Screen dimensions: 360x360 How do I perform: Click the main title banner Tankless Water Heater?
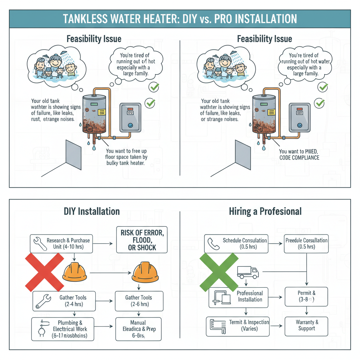(180, 19)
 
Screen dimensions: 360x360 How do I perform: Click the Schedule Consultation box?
(236, 244)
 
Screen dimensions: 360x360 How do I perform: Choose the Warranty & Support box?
(306, 326)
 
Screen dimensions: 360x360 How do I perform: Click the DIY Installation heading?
(92, 211)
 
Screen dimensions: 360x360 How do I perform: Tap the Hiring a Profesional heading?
(265, 211)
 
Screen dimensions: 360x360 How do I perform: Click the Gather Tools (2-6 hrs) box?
(139, 301)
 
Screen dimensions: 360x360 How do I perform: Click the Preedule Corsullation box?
(306, 244)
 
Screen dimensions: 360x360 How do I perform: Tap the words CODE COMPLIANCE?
(299, 158)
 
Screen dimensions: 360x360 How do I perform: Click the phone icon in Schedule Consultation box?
(213, 243)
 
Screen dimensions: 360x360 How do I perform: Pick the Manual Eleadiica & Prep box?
(138, 329)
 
